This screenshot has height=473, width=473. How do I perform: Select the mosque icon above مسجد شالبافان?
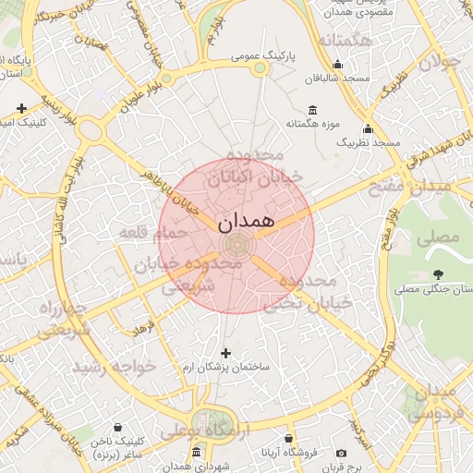(x=337, y=65)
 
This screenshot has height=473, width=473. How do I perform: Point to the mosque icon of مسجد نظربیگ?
(x=368, y=128)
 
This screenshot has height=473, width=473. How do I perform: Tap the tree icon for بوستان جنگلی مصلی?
(x=437, y=273)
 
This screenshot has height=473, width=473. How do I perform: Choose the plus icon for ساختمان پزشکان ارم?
(x=226, y=353)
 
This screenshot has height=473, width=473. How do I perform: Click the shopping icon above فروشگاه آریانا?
(x=288, y=438)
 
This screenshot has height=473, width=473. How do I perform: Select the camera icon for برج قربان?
(x=341, y=454)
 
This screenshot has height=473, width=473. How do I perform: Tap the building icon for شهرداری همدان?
(x=196, y=453)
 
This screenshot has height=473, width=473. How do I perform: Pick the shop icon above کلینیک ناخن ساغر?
(x=117, y=429)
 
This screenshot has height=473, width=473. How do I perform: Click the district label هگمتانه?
(x=345, y=42)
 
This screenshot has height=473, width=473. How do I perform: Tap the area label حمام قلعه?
(x=152, y=233)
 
